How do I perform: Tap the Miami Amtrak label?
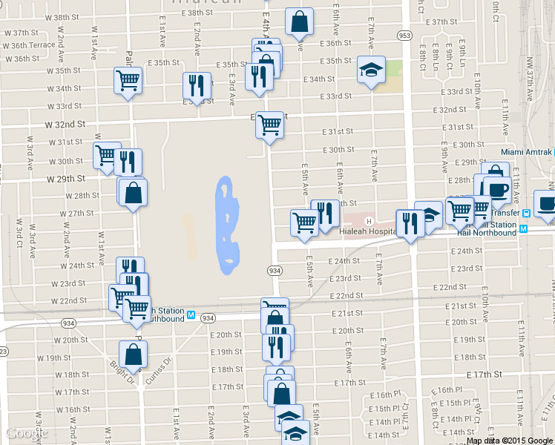527,152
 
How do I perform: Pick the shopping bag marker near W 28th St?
132,193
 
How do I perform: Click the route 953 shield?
404,35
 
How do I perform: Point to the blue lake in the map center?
226,222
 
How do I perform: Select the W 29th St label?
66,179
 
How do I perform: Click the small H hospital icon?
368,220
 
